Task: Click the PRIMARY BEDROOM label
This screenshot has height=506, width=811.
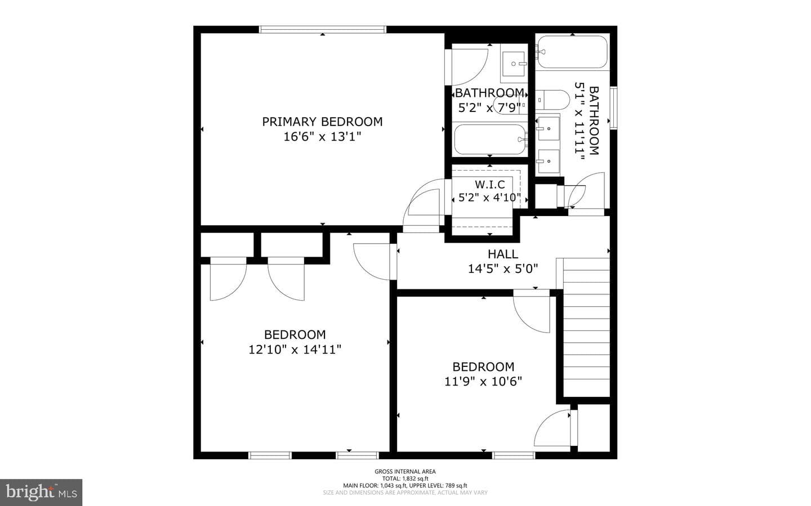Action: point(322,122)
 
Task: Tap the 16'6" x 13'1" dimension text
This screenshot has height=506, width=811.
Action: point(322,137)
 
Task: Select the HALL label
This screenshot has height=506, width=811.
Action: point(503,254)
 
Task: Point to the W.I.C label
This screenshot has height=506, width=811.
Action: point(490,185)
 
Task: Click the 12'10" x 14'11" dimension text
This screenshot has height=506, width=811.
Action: point(295,350)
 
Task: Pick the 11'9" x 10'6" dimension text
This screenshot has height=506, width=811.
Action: point(483,382)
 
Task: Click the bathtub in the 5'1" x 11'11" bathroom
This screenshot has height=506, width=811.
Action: point(572,52)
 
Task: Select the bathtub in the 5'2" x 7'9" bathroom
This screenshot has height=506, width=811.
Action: point(490,140)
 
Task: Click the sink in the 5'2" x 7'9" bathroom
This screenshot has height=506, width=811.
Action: point(514,64)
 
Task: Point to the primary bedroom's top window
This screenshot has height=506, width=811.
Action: point(323,29)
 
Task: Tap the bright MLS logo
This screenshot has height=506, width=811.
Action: point(41,492)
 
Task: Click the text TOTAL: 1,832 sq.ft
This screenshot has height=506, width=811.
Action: point(405,478)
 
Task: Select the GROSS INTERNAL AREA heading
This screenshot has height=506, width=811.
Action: point(405,472)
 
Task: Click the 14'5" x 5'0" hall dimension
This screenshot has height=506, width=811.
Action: point(503,269)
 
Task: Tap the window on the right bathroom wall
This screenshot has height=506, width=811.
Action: point(614,108)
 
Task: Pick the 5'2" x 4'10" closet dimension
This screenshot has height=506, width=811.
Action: point(490,198)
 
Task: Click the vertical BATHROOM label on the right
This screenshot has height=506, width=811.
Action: point(594,120)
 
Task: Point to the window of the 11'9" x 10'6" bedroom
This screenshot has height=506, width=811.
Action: point(514,455)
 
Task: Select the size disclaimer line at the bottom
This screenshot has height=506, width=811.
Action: point(405,492)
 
